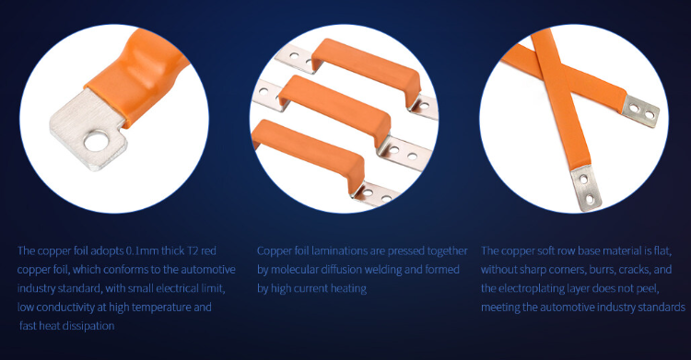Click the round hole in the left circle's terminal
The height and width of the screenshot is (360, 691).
coord(97,142)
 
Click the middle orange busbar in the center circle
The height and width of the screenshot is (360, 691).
coord(335,110)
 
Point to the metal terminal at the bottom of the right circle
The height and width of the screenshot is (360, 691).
coord(586,188)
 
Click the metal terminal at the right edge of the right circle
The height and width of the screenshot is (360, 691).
coord(640,110)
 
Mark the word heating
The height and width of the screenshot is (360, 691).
coord(348,288)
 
